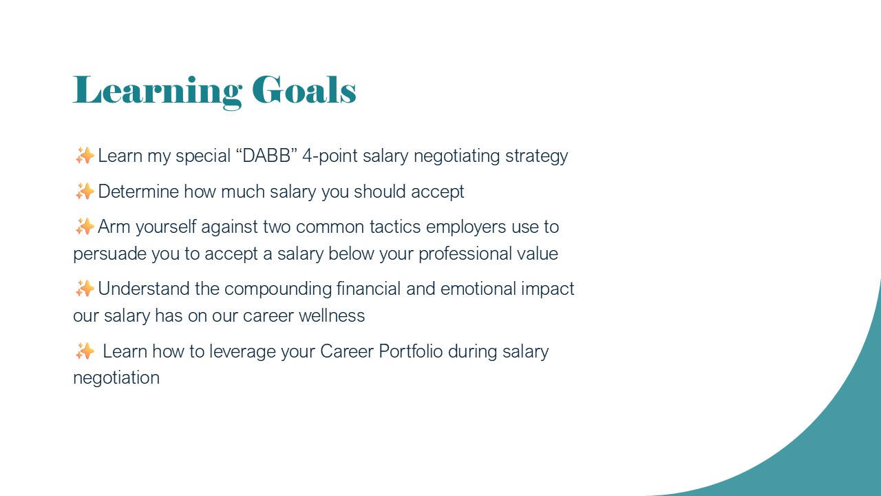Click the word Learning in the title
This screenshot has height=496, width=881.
click(x=158, y=92)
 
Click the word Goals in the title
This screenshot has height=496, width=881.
click(x=304, y=90)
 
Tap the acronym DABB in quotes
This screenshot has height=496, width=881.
click(x=266, y=156)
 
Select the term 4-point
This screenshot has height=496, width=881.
click(x=330, y=156)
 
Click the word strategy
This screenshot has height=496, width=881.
click(x=536, y=156)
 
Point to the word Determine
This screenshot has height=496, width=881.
click(x=138, y=192)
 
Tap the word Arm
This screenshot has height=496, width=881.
click(x=114, y=227)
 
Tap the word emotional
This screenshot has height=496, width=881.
click(x=478, y=289)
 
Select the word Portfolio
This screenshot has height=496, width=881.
click(x=411, y=351)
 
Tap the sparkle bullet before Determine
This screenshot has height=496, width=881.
click(x=85, y=192)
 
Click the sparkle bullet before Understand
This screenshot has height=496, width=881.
click(x=85, y=289)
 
